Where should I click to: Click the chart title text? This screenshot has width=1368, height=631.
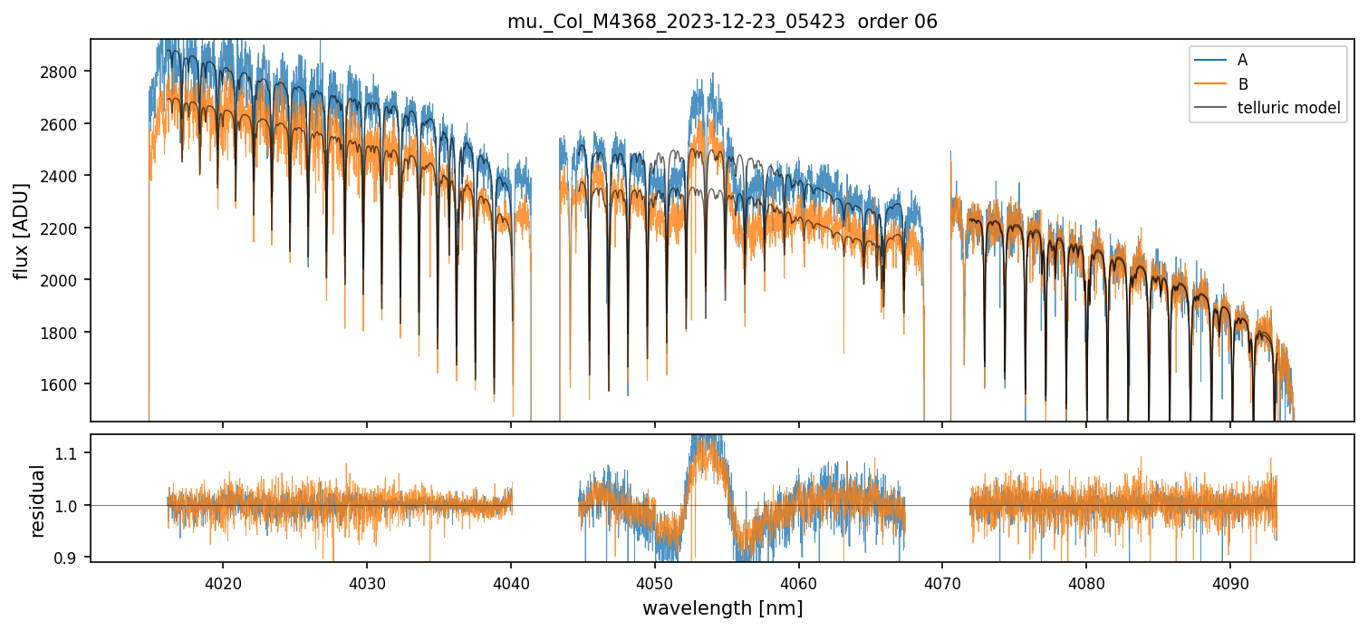click(x=722, y=22)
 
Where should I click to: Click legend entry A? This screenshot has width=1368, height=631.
click(x=1242, y=60)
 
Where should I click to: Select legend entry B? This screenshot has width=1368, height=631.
click(x=1242, y=84)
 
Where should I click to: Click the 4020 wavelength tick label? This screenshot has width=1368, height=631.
click(x=223, y=581)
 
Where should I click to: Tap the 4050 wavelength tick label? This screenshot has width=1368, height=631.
click(x=655, y=581)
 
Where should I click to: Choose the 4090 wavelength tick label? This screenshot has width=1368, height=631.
click(x=1230, y=581)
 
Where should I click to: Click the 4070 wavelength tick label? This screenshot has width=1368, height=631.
click(x=942, y=581)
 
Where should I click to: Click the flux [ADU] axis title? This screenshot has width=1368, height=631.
click(x=22, y=230)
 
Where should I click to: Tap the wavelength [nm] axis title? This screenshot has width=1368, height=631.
click(x=722, y=608)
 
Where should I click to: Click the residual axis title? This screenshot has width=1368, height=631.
click(x=37, y=500)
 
